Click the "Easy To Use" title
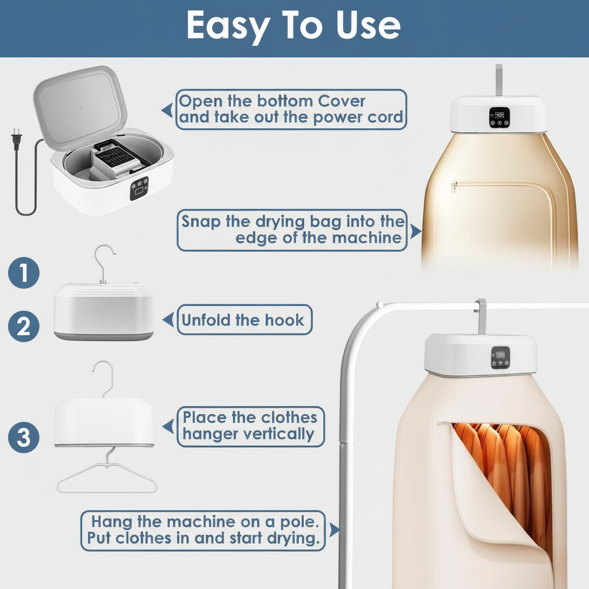tap(293, 26)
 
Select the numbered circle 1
tap(23, 273)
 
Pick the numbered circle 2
tap(23, 326)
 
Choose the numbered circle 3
tap(23, 437)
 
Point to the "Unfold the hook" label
tap(243, 320)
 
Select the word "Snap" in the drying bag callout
tap(202, 221)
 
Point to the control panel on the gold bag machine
tap(497, 117)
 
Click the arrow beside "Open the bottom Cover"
tap(167, 109)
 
